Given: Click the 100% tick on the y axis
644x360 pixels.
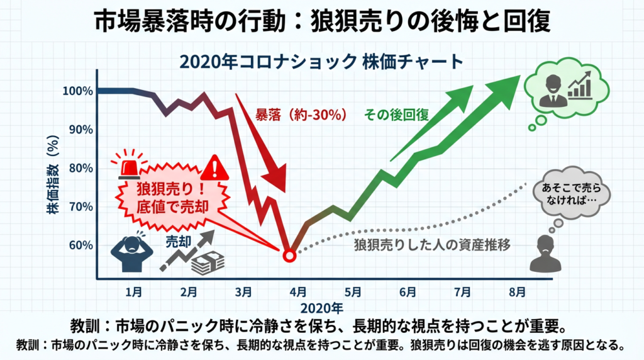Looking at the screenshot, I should click(78, 91).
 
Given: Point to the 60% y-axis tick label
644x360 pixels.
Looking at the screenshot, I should click(80, 245).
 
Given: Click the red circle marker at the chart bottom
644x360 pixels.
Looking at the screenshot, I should click(289, 256).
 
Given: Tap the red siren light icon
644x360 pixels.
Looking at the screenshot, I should click(131, 164).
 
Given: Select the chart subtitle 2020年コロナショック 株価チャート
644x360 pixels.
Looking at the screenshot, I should click(321, 63).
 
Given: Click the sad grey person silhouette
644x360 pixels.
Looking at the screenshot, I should click(545, 254).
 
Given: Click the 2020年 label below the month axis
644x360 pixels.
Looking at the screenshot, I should click(321, 308).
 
